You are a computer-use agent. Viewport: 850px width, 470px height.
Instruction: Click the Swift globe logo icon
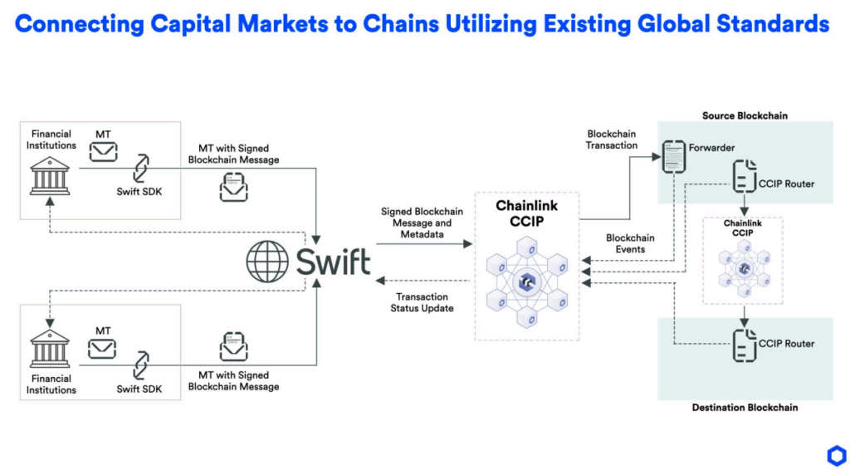coord(268,263)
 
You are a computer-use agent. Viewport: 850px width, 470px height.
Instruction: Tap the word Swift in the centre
coord(333,262)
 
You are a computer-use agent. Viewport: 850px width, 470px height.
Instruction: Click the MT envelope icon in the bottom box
coord(103,348)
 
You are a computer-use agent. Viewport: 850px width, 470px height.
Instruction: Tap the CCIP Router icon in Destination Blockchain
coord(744,343)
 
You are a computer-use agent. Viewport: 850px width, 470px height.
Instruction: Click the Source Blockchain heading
coord(745,115)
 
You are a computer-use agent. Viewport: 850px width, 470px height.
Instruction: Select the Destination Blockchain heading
coord(745,408)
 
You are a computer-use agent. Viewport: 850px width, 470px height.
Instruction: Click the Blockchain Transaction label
coord(612,140)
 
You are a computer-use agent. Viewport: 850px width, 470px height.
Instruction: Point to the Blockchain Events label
coord(630,243)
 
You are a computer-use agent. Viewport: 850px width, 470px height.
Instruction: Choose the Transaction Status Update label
coord(423,302)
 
